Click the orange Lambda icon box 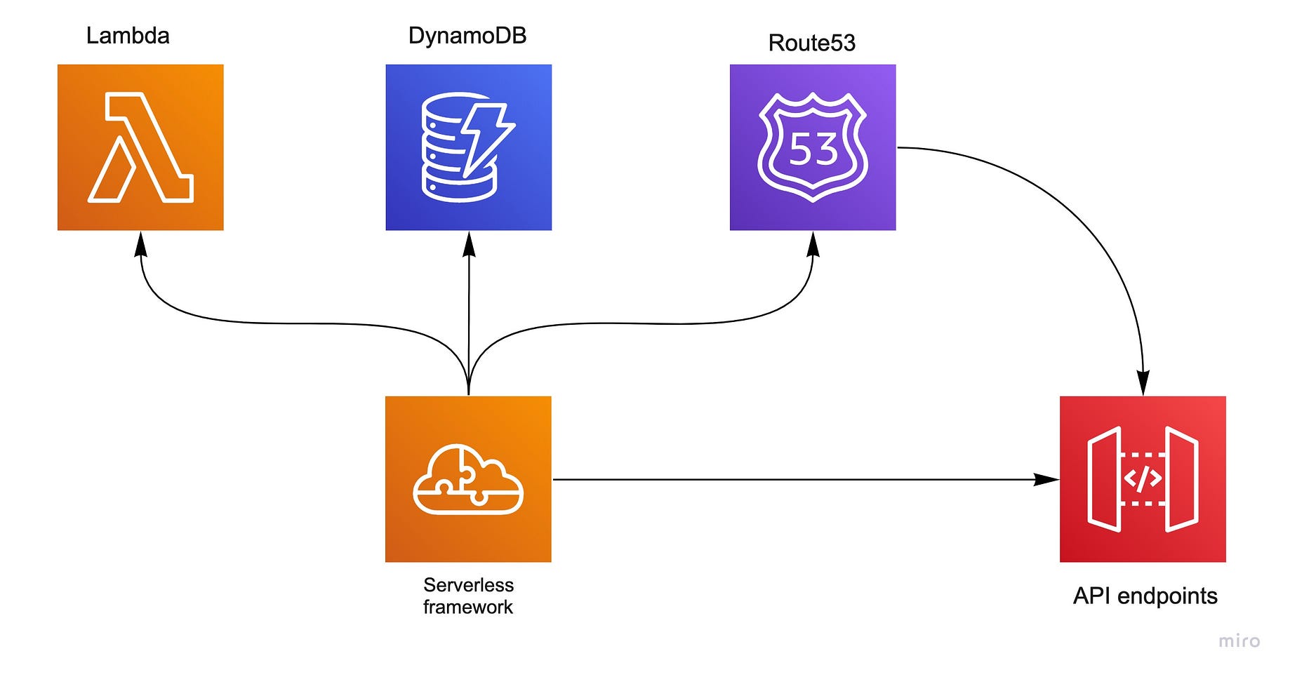tap(140, 147)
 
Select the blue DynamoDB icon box tap(469, 147)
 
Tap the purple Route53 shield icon tap(813, 147)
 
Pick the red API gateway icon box tap(1143, 479)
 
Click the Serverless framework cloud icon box tap(468, 479)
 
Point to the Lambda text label tap(128, 36)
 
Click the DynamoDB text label tap(467, 36)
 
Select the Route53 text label tap(812, 43)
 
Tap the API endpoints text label tap(1145, 596)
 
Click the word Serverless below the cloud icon tap(469, 585)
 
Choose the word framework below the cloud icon tap(468, 607)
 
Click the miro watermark tap(1239, 641)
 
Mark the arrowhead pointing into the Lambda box tap(141, 244)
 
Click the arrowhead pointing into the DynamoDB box tap(470, 244)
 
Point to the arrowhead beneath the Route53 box tap(813, 244)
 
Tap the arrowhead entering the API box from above tap(1143, 384)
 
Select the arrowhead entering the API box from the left tap(1046, 480)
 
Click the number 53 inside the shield tap(813, 149)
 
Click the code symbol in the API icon tap(1143, 479)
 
